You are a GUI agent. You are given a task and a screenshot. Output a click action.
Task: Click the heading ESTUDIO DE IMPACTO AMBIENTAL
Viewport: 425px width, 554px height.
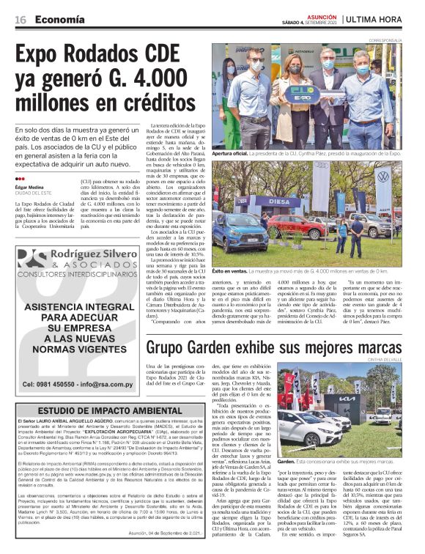tap(99, 410)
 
